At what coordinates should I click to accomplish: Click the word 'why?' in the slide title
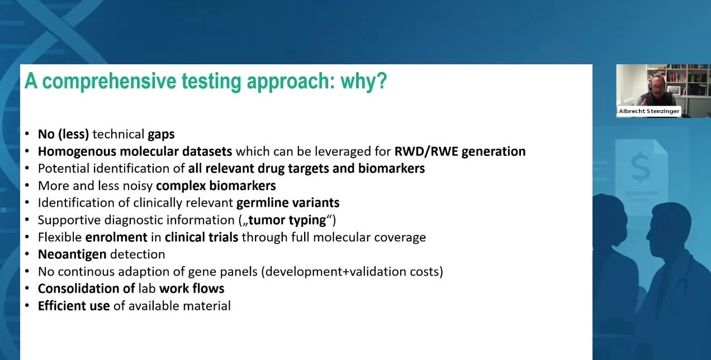click(364, 81)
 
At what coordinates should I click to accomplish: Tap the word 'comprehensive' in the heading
click(109, 81)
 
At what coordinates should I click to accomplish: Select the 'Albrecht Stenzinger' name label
click(649, 111)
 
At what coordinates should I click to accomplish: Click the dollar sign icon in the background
click(641, 166)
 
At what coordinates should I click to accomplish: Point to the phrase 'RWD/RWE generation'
click(460, 151)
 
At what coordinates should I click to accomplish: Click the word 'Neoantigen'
click(72, 254)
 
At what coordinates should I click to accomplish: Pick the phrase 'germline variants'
click(288, 203)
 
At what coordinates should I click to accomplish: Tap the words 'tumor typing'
click(287, 220)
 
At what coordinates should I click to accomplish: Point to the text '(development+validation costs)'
click(352, 272)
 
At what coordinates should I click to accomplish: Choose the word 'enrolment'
click(116, 237)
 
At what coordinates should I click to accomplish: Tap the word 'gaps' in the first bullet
click(161, 135)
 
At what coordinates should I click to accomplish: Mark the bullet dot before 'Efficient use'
click(27, 305)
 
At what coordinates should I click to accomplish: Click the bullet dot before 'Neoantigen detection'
click(27, 254)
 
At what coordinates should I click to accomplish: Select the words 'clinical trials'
click(201, 237)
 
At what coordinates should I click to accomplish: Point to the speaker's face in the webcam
click(656, 85)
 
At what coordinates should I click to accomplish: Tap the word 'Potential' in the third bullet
click(64, 169)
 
